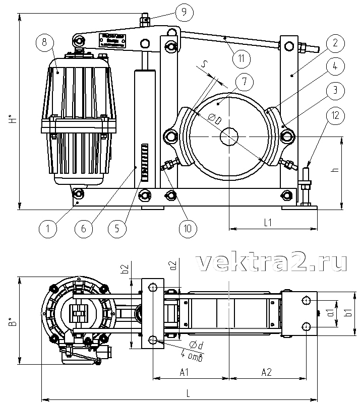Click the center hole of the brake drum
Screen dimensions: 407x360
click(230, 136)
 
